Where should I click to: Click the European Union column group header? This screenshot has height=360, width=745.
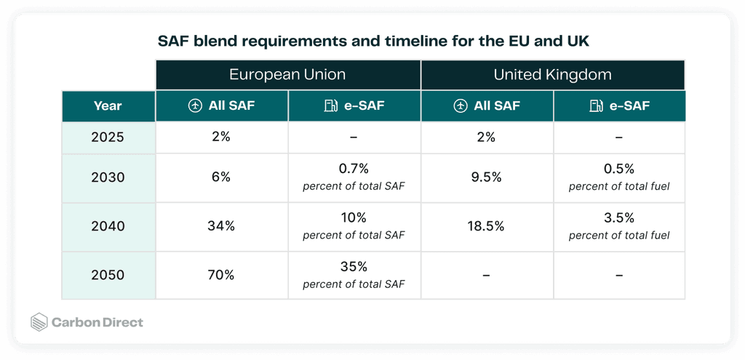click(287, 75)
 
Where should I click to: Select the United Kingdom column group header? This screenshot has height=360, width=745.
click(552, 75)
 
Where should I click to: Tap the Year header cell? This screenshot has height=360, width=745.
click(108, 106)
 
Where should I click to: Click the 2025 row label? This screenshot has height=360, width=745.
click(108, 137)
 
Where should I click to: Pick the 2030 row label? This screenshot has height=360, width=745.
click(108, 177)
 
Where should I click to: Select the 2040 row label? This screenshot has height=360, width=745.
click(108, 226)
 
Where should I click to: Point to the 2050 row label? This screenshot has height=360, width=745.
click(108, 275)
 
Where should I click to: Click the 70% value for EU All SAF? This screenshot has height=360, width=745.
click(222, 275)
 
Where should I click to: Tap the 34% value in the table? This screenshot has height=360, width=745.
click(222, 226)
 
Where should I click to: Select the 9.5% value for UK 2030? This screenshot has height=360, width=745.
click(487, 177)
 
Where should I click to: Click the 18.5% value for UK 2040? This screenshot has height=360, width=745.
click(487, 226)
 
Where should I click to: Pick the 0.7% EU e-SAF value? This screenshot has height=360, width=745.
click(354, 169)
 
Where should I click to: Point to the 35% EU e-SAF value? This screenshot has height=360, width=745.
click(354, 267)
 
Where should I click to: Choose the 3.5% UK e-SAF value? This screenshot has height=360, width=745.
click(619, 218)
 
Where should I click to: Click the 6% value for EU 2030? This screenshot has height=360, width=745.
click(222, 177)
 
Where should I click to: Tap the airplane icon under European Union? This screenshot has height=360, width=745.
click(195, 106)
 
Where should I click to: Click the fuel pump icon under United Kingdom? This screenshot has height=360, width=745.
click(596, 106)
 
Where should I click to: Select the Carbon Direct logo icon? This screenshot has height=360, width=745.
click(39, 322)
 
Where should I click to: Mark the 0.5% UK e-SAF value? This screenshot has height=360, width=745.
click(619, 169)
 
